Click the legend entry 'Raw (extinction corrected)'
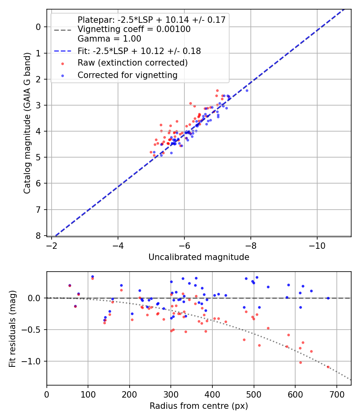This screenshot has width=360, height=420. pyautogui.click(x=132, y=63)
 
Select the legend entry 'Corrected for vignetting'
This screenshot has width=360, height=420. pyautogui.click(x=128, y=75)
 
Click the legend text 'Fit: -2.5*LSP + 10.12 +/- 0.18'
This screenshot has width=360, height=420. pyautogui.click(x=139, y=51)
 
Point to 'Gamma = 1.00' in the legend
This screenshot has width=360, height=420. pyautogui.click(x=109, y=39)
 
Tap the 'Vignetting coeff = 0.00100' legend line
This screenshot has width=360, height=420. pyautogui.click(x=134, y=29)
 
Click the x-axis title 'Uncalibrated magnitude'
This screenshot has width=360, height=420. pyautogui.click(x=199, y=257)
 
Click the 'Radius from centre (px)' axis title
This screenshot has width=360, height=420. pyautogui.click(x=199, y=406)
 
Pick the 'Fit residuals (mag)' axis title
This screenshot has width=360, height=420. pyautogui.click(x=13, y=328)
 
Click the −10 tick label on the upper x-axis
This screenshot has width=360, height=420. pyautogui.click(x=317, y=245)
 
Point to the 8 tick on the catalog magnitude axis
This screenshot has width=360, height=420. pyautogui.click(x=39, y=236)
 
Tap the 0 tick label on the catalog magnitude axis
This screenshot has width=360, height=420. pyautogui.click(x=39, y=27)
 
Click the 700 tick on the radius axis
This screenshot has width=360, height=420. pyautogui.click(x=336, y=394)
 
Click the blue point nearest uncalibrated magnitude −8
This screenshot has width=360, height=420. pyautogui.click(x=247, y=90)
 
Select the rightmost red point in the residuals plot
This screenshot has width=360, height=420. pyautogui.click(x=328, y=367)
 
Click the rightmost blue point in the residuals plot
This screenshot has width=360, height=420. pyautogui.click(x=328, y=298)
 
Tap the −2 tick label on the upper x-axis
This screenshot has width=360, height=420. pyautogui.click(x=52, y=245)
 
